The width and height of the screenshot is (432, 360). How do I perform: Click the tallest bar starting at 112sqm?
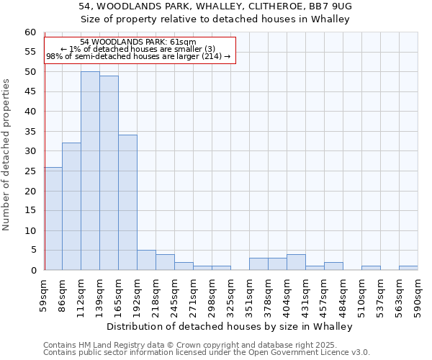pyautogui.click(x=90, y=171)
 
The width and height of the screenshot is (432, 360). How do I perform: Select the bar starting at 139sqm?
pyautogui.click(x=109, y=173)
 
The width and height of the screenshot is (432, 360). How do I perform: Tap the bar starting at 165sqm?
pyautogui.click(x=127, y=202)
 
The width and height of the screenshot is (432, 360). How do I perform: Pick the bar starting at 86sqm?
pyautogui.click(x=71, y=207)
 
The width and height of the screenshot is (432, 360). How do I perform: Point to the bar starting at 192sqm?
pyautogui.click(x=146, y=260)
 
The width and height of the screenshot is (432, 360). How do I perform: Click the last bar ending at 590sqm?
pyautogui.click(x=408, y=268)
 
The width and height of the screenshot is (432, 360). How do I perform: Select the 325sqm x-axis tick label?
pyautogui.click(x=231, y=294)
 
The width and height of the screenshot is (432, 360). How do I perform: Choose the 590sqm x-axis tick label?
pyautogui.click(x=418, y=294)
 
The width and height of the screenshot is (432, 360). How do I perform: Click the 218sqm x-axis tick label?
pyautogui.click(x=156, y=294)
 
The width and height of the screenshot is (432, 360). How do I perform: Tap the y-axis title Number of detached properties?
pyautogui.click(x=7, y=155)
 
